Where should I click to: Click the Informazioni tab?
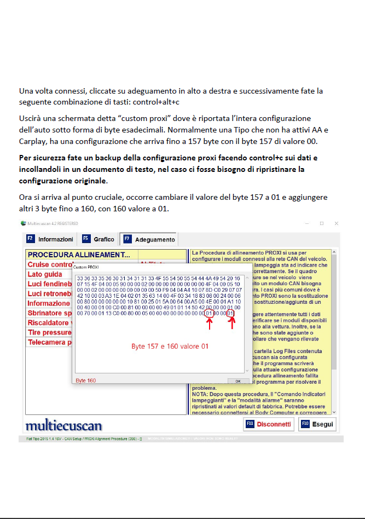tap(50, 239)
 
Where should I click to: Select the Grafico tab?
tap(99, 239)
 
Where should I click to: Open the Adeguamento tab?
tap(149, 239)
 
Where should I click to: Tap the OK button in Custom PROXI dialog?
tap(238, 380)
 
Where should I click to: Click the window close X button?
tap(336, 223)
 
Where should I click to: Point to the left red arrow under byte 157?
tap(208, 324)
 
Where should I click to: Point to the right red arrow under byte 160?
tap(231, 324)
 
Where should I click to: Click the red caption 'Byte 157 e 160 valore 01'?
tap(170, 347)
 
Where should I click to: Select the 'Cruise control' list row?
tap(49, 264)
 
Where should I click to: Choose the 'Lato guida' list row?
tap(45, 274)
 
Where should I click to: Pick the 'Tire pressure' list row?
tap(49, 333)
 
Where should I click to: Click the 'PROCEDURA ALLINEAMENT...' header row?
tap(79, 255)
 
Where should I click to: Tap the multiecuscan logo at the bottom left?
tap(63, 425)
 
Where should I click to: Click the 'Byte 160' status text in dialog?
tap(85, 380)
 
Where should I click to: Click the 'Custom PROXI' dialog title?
tap(86, 267)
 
